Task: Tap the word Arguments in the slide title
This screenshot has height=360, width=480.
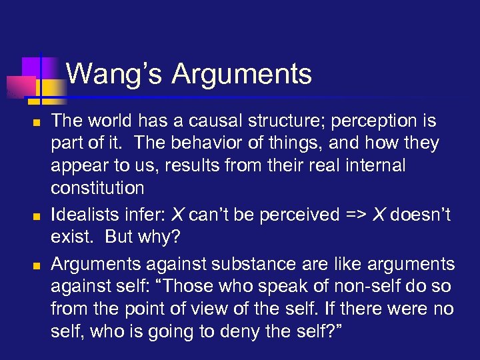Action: pyautogui.click(x=241, y=74)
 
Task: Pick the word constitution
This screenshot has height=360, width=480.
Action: pyautogui.click(x=97, y=188)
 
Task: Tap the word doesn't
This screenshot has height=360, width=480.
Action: pyautogui.click(x=419, y=214)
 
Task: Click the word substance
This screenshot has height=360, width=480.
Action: pyautogui.click(x=253, y=264)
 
